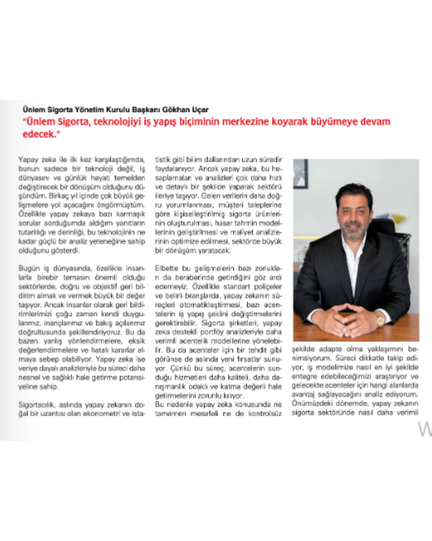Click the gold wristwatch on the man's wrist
(381, 319)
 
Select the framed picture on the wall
(300, 173)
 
